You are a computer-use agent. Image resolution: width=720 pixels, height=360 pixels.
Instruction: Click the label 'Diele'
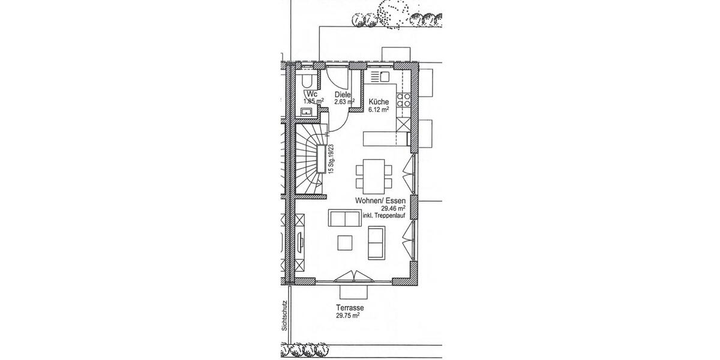343,94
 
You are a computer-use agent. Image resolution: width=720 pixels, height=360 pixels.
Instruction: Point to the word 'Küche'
379,101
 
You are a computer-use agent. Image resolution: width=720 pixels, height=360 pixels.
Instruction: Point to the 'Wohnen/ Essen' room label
380,200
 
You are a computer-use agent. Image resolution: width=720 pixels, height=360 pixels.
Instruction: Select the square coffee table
345,242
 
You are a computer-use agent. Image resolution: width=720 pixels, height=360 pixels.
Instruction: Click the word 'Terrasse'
350,308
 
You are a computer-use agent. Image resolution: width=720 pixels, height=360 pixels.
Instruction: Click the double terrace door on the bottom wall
355,277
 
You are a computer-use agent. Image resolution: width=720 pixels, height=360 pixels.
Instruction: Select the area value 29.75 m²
347,316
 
